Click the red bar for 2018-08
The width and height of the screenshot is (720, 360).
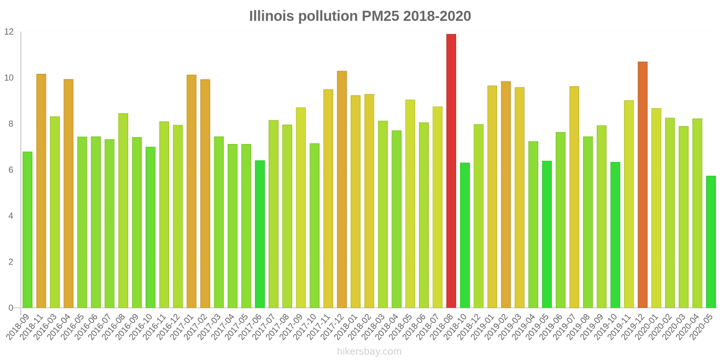pos(451,171)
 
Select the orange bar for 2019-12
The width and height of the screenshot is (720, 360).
pos(642,185)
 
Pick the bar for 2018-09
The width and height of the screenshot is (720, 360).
pos(27,230)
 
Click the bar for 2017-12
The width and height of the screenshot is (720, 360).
pos(342,189)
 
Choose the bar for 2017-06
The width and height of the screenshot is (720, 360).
pos(260,234)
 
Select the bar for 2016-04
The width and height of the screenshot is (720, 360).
pos(68,193)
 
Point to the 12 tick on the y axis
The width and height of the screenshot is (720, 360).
pos(9,32)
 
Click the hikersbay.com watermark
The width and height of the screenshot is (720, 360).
pos(369,351)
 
